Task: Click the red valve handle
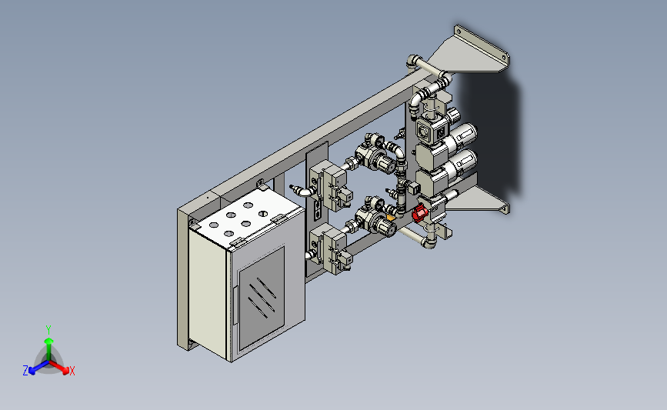[419, 213]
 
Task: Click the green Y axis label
[48, 330]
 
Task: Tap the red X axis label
[72, 371]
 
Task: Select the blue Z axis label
[25, 371]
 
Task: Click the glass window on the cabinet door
[262, 298]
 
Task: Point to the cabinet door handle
[235, 305]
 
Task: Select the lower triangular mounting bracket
[476, 200]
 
